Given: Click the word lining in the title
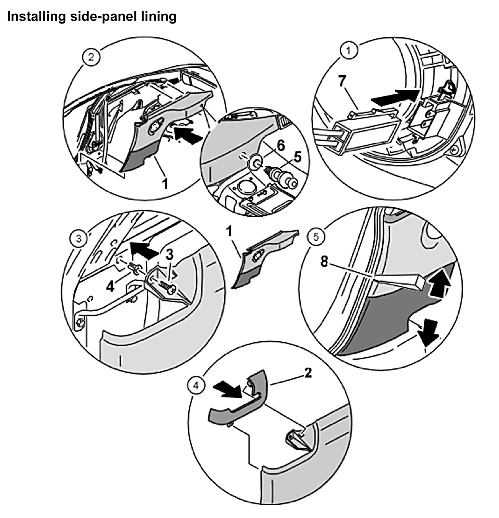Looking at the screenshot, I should [x=161, y=16].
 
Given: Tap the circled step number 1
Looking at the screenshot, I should [x=348, y=50].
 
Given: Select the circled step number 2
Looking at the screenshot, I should [x=91, y=57].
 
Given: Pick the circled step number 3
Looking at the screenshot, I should [x=79, y=239].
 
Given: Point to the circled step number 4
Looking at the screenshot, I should [x=196, y=386].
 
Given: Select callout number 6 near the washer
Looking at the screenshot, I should [x=281, y=145].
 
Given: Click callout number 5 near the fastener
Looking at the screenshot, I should [x=298, y=157].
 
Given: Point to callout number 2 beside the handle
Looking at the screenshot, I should [x=308, y=373].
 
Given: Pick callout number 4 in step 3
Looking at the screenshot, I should [x=110, y=286].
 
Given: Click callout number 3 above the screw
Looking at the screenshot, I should [x=169, y=254].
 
